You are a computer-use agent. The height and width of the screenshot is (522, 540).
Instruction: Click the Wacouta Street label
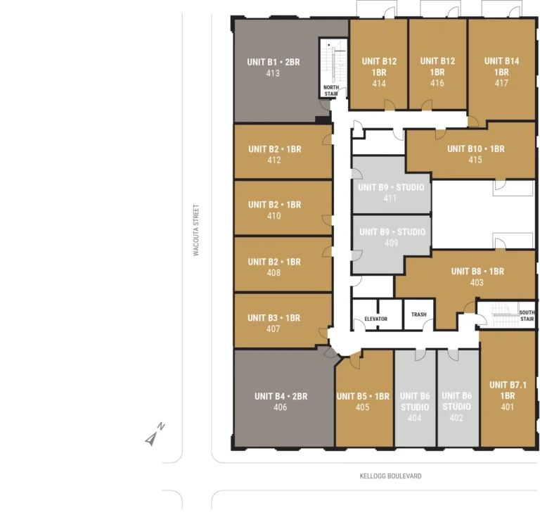[196, 230]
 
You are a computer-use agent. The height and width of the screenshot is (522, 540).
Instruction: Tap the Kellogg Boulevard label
[390, 476]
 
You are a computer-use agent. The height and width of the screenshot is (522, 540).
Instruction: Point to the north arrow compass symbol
[155, 434]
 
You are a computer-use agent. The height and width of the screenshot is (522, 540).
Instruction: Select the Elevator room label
[375, 319]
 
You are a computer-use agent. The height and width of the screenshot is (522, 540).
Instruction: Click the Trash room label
[419, 314]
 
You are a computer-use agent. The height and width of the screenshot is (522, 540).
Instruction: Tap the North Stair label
[331, 91]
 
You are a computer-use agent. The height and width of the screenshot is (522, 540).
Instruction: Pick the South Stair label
[527, 316]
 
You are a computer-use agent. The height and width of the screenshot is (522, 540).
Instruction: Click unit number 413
[273, 73]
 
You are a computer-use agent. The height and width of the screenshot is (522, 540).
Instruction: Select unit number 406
[281, 407]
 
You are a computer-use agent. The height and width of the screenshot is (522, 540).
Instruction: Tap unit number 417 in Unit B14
[501, 83]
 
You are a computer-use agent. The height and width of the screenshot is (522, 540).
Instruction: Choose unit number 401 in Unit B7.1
[507, 407]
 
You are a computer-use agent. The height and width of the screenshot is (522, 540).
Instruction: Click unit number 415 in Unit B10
[475, 160]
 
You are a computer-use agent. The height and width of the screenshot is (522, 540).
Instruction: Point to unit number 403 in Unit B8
[477, 283]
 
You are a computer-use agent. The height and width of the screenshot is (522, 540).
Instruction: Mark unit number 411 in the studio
[390, 198]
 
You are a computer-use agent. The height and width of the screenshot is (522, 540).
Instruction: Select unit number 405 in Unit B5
[363, 407]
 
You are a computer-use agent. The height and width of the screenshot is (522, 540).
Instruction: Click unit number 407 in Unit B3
[273, 329]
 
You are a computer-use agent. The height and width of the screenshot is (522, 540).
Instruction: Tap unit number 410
[274, 216]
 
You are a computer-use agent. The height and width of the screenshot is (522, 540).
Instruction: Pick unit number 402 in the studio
[456, 418]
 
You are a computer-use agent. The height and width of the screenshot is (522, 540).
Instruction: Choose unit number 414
[379, 84]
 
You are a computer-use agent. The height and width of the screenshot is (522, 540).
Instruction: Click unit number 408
[274, 273]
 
